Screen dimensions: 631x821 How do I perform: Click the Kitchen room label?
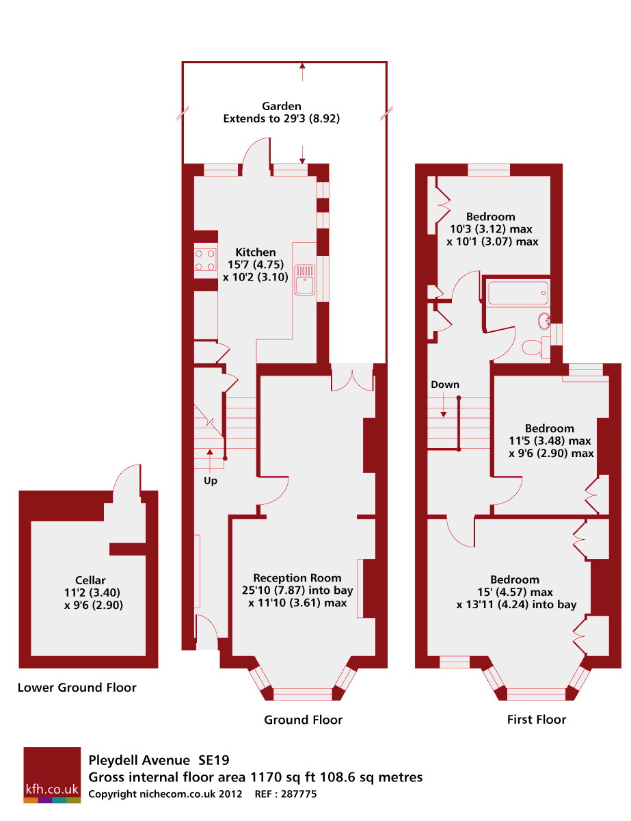coord(256,252)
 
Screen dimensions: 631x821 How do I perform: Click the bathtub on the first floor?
coord(518,293)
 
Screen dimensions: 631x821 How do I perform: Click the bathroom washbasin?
coord(545,320)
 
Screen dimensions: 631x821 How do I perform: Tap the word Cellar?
coord(90,580)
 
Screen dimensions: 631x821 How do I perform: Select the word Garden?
coord(282,106)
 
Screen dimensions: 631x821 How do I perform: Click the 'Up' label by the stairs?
coord(211,481)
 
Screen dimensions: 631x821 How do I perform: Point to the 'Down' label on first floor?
coord(445,385)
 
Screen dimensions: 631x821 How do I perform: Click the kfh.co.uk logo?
coord(52,775)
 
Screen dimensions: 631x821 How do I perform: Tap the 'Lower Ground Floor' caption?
coord(77,688)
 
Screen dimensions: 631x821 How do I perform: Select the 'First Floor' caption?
coord(537,719)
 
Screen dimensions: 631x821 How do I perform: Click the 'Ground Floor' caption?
coord(304,720)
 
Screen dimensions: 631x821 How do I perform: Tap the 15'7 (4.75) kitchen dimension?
coord(255,265)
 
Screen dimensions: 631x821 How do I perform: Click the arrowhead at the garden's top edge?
coord(302,66)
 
